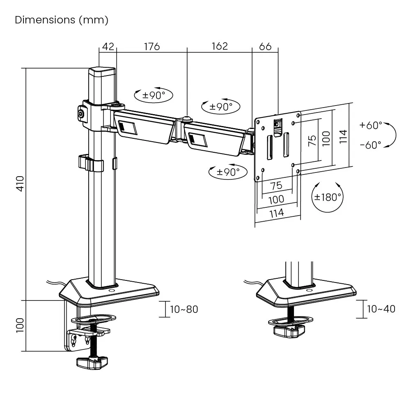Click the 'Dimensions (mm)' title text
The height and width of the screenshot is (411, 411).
coord(62,20)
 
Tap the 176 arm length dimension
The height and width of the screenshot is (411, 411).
coord(152,46)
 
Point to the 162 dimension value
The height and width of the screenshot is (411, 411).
coord(219,46)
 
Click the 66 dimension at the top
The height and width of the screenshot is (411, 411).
coord(265,46)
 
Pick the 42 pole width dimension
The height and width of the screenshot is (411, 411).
coord(108,46)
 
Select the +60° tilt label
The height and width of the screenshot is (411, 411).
coord(370,125)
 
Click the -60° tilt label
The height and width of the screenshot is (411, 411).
coord(370,145)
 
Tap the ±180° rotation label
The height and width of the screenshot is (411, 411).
coord(328,197)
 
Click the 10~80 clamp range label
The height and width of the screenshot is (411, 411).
coord(184,309)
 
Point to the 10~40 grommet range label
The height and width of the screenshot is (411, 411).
coord(381,309)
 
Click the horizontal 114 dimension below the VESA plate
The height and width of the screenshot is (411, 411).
coord(276,213)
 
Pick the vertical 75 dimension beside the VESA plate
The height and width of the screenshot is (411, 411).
coord(312,140)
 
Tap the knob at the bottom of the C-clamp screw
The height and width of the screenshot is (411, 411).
coord(92,362)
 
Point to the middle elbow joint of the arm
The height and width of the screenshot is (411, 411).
coord(187,120)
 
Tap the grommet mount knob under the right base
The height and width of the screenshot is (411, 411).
coord(290,330)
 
